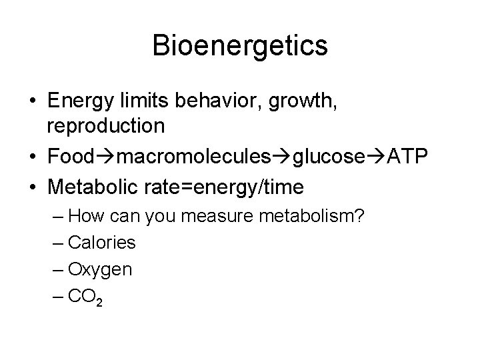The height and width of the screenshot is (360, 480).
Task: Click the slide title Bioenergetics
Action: pos(239,46)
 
